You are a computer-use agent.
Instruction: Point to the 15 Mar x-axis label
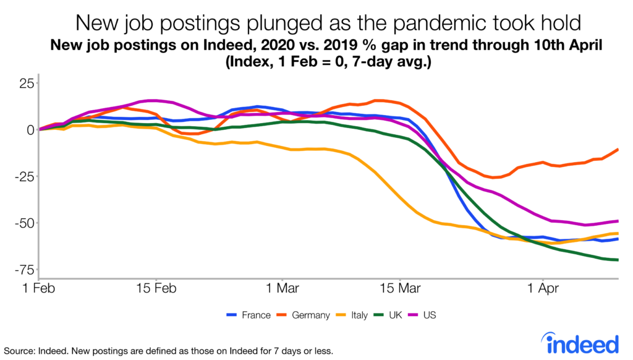(x=399, y=288)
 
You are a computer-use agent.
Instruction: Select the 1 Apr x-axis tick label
(x=542, y=288)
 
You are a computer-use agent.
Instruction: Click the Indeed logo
(x=580, y=343)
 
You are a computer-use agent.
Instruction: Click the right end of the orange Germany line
(x=618, y=150)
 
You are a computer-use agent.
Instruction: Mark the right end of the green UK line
(x=618, y=260)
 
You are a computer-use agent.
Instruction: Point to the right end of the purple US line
(x=618, y=221)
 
